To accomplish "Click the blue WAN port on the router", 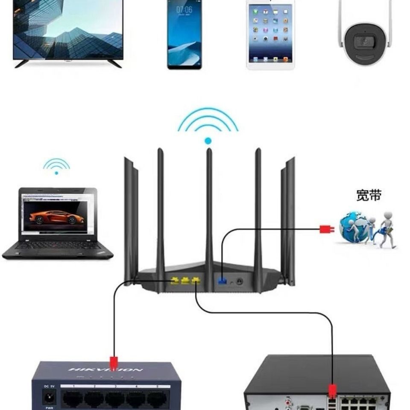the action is pos(222,281).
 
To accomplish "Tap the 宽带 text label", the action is pos(368,195).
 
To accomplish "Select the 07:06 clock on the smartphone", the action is pos(184,9).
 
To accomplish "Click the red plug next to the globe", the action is pos(326,229).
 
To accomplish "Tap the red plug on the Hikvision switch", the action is pos(114,363).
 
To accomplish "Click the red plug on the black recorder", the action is pos(332,391).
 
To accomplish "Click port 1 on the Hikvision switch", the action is pos(73,399).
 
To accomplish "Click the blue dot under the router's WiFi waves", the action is pos(208,141).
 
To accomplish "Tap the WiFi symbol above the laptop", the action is pos(56,166).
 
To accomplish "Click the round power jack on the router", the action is pos(239,281).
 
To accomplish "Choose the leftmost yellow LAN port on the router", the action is pos(175,281).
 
